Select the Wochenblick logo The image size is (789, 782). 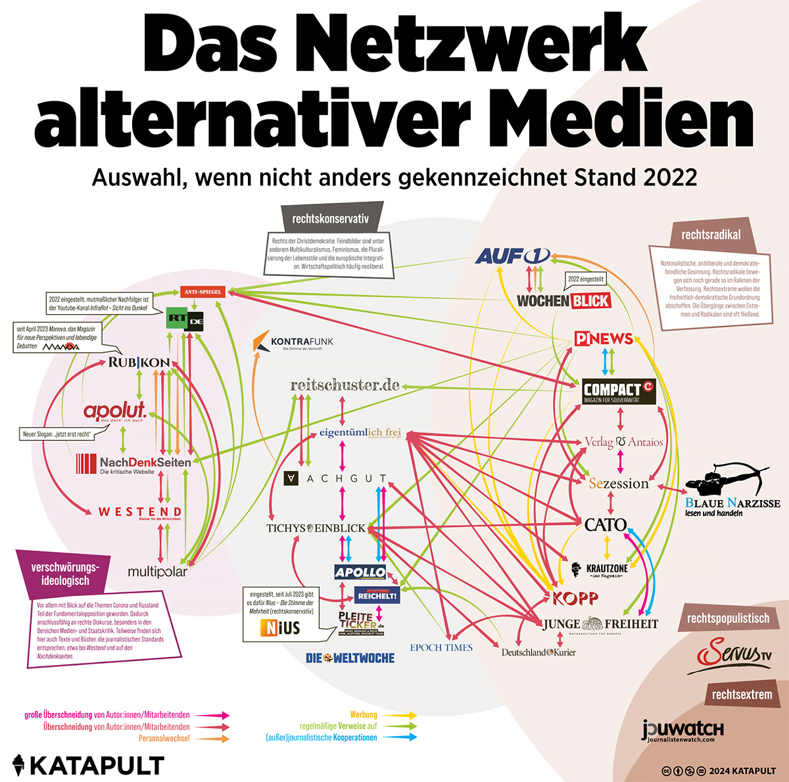563,301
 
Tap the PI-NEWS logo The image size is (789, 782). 603,338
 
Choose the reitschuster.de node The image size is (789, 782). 345,385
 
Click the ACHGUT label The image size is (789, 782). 335,478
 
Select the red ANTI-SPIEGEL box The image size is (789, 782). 203,292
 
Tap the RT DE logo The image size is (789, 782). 185,319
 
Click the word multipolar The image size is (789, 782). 158,571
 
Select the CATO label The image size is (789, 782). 606,524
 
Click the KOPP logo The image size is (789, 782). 575,598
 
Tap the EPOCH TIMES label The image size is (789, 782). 441,647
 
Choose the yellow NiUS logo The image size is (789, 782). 280,628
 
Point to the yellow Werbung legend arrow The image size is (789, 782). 400,715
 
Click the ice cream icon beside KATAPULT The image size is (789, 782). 19,766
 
